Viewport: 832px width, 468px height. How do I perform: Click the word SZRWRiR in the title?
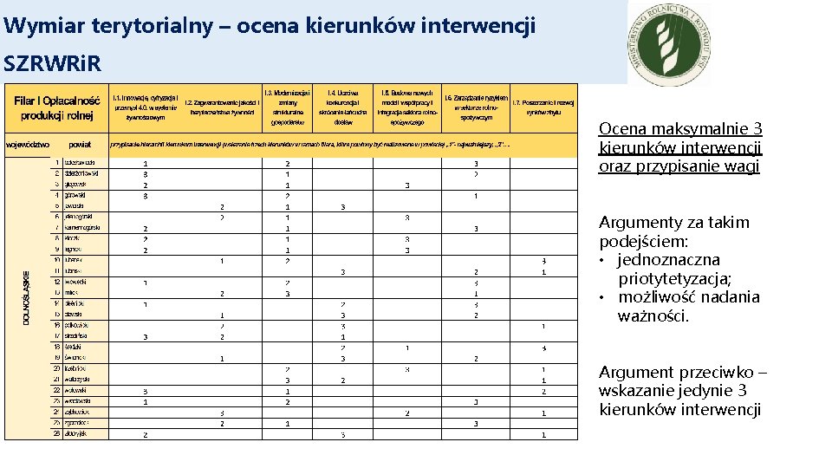(52, 63)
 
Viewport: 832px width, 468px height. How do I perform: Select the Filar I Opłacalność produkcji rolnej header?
(57, 107)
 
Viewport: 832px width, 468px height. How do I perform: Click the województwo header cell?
(28, 144)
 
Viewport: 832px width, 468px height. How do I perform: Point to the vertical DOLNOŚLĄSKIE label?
(23, 294)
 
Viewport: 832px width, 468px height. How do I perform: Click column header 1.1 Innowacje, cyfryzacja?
(145, 107)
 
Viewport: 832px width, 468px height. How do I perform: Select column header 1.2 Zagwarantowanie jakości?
(222, 107)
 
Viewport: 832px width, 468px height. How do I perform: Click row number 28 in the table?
(56, 433)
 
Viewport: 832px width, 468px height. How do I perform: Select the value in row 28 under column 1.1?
(145, 434)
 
